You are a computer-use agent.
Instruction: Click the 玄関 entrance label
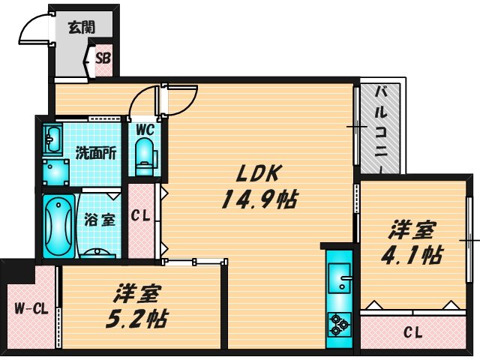[x=81, y=28]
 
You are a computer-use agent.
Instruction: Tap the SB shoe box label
[x=103, y=58]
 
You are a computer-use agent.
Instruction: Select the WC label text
[x=144, y=129]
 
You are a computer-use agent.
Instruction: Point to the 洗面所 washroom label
[x=95, y=153]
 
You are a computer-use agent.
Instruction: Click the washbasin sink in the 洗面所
[x=53, y=139]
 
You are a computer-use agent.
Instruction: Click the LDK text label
[x=258, y=174]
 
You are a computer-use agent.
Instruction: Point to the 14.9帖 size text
[x=258, y=200]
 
